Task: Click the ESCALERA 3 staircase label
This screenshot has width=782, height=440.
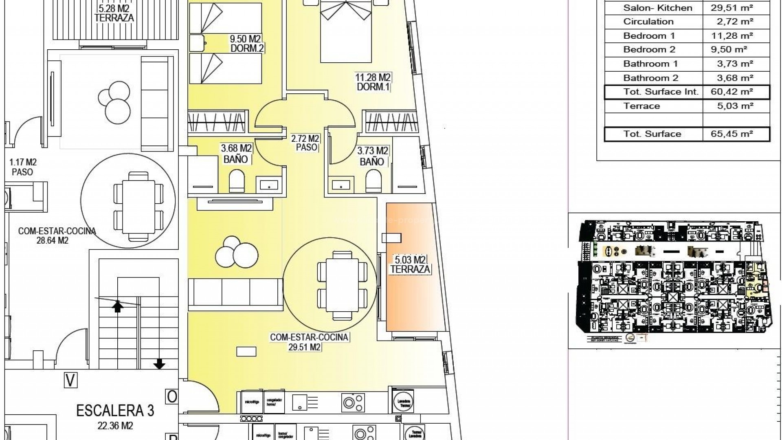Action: (x=115, y=411)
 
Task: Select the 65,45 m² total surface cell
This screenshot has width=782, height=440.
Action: (x=732, y=134)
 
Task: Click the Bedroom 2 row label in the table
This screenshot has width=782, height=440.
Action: (x=649, y=50)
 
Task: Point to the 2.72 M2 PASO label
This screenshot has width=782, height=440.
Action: (x=305, y=143)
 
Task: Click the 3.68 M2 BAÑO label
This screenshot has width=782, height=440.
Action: (x=236, y=154)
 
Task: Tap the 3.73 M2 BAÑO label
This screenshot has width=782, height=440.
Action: (x=372, y=156)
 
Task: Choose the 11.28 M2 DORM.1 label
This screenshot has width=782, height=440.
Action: (x=373, y=82)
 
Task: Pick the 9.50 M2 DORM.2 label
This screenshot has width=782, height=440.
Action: (x=246, y=44)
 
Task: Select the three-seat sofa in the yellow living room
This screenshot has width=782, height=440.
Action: (x=235, y=292)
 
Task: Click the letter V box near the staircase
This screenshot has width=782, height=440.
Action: (x=71, y=381)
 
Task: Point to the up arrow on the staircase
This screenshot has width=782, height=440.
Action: (x=118, y=306)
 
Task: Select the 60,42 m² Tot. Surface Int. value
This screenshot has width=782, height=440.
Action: (x=732, y=92)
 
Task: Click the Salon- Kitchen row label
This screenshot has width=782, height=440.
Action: (x=657, y=8)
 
